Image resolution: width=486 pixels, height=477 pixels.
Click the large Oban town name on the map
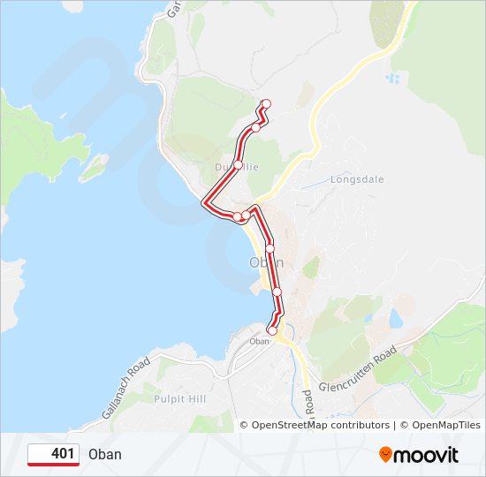pos(266,262)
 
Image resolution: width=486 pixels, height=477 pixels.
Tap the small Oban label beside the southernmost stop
pos(259,341)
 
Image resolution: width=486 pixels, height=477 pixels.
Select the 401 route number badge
pos(54,454)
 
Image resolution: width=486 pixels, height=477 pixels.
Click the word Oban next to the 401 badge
pos(105,455)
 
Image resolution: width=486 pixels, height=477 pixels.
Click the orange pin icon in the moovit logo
pos(386,455)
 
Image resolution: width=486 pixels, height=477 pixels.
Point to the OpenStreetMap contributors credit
pos(321,425)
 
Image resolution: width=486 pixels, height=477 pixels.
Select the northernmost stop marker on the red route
pos(266,105)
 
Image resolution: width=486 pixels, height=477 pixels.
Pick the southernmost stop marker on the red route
pos(272,331)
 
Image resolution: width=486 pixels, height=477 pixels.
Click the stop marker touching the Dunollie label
pos(238,164)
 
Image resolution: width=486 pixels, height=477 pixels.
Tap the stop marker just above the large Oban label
pos(270,247)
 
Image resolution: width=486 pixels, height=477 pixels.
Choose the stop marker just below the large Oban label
pos(277,291)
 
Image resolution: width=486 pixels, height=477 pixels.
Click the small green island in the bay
pos(94,165)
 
